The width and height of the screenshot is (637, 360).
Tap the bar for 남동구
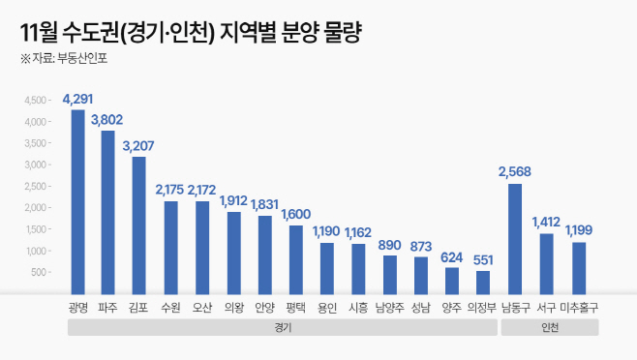tap(515, 238)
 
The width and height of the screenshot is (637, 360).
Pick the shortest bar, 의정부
tap(483, 282)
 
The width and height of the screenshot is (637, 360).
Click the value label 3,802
tap(108, 120)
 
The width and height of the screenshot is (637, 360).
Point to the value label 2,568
tap(515, 172)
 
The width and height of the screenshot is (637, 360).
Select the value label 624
tap(452, 257)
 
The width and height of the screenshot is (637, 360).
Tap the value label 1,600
tap(296, 215)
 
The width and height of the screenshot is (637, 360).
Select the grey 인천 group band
tap(548, 327)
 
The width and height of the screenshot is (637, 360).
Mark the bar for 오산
tap(201, 247)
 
